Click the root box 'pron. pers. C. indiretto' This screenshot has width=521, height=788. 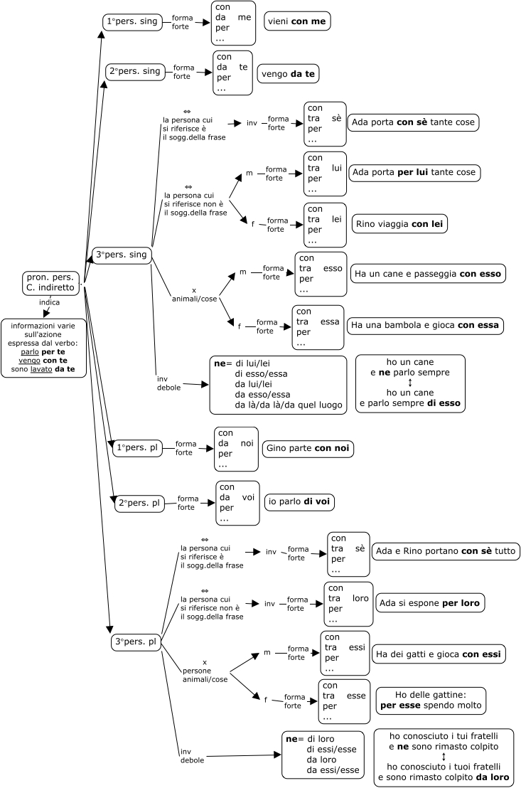(50, 282)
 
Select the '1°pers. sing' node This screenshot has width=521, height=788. (134, 22)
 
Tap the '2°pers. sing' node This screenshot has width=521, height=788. (135, 72)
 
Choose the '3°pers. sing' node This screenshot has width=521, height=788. (123, 255)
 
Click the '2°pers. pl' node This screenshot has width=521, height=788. (140, 503)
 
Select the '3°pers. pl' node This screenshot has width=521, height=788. (136, 642)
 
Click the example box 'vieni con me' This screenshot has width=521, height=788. (298, 22)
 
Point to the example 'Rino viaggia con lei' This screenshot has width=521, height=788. (400, 224)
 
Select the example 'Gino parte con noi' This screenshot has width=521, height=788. (308, 449)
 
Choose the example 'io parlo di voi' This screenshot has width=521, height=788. (299, 502)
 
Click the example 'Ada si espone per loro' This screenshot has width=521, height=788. (429, 603)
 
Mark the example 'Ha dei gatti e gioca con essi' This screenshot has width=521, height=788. (439, 654)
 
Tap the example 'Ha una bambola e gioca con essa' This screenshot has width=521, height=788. (425, 325)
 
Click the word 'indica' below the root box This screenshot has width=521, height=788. (49, 302)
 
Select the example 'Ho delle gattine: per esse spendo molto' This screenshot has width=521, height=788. (431, 701)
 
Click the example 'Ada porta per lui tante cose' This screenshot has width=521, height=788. (414, 173)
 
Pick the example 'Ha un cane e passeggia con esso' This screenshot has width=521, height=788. (428, 274)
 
